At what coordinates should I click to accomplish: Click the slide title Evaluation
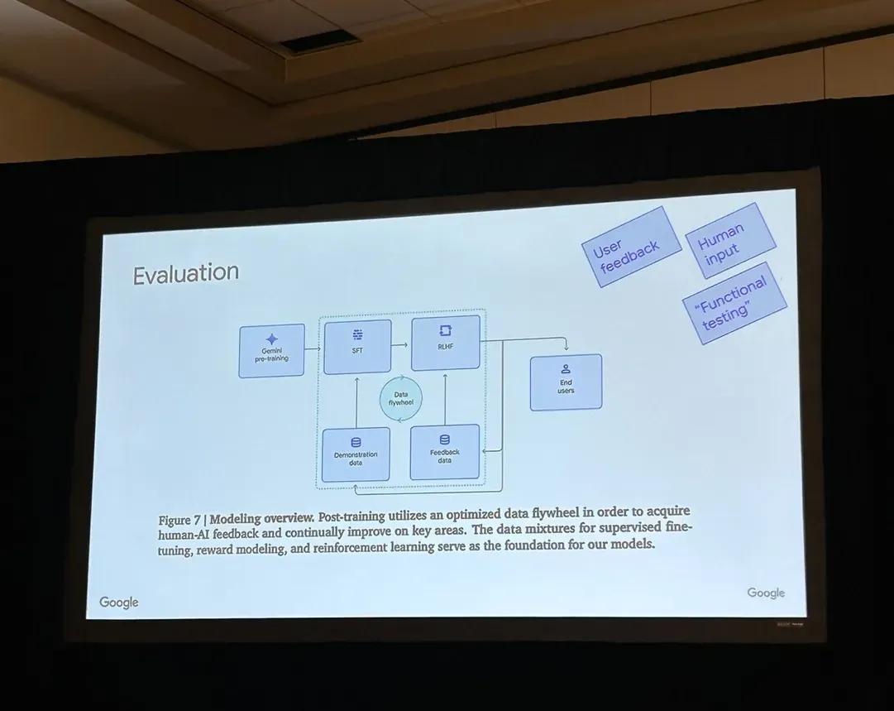[x=185, y=273]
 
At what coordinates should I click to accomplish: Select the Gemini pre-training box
[x=271, y=350]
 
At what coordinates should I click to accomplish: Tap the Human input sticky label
[x=730, y=240]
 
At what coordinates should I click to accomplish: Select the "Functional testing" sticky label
[x=734, y=303]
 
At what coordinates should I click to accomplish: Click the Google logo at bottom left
[x=119, y=602]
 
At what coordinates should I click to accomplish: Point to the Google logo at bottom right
[x=766, y=593]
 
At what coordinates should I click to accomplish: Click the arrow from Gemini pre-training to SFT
[x=313, y=348]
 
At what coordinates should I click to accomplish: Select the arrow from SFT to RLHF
[x=400, y=345]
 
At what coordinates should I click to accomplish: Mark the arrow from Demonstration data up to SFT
[x=356, y=401]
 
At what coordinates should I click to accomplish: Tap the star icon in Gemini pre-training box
[x=272, y=339]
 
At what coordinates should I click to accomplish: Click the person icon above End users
[x=567, y=368]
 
